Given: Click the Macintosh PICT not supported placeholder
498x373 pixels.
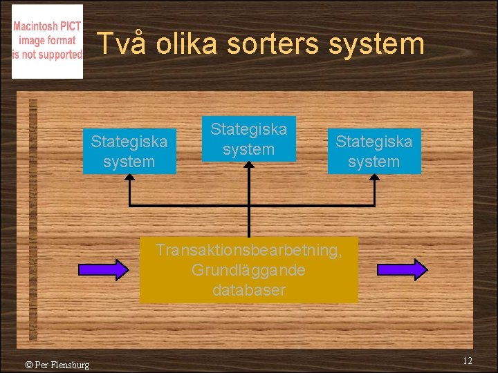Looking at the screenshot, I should (47, 41).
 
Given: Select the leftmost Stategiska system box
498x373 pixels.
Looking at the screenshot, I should (129, 152).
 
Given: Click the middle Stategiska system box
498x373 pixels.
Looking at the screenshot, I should (249, 139).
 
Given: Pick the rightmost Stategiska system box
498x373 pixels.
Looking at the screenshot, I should (374, 152).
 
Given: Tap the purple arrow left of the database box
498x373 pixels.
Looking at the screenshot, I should (103, 269).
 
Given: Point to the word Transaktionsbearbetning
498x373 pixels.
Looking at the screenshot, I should (249, 250).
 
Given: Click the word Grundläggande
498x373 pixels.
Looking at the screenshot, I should (249, 270).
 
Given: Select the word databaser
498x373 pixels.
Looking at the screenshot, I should (249, 290).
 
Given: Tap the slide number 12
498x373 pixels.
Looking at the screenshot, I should (468, 361).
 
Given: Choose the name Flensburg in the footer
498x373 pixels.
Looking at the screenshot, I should (69, 365).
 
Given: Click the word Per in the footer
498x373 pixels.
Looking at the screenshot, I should (41, 365).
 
